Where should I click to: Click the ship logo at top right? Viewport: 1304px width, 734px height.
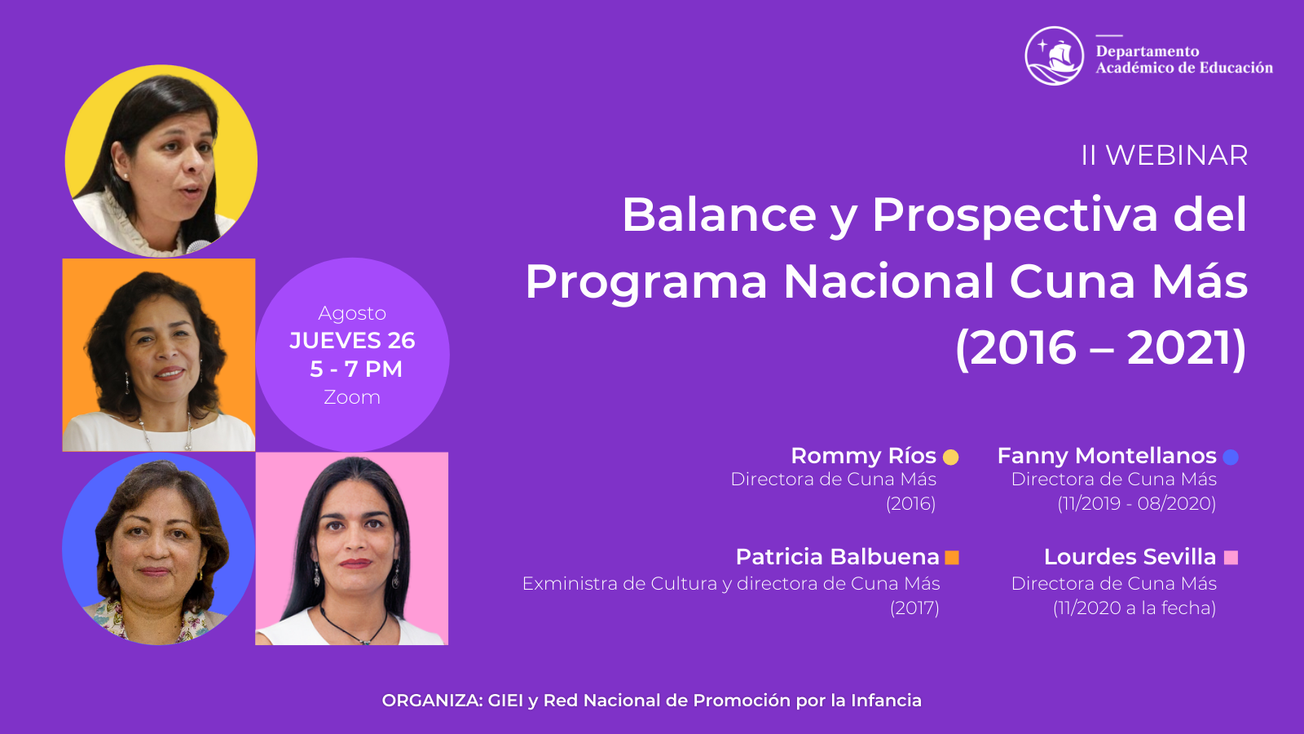click(1055, 56)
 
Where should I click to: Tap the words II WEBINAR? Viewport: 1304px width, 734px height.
click(1165, 156)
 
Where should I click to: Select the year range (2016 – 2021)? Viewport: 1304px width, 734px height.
click(1101, 347)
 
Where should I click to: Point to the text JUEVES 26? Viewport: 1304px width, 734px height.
click(352, 341)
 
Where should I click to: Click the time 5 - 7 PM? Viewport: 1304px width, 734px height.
click(355, 369)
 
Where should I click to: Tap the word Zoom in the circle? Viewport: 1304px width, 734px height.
click(352, 397)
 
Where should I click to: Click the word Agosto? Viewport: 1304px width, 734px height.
click(352, 314)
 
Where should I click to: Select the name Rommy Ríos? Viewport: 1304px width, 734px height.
click(863, 456)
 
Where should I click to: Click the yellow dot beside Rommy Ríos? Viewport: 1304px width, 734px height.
click(950, 458)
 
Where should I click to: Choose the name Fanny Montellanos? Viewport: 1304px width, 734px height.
click(1107, 456)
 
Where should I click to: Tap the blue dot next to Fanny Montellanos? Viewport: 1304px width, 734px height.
click(1231, 458)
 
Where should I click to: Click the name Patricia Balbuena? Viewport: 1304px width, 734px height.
click(838, 557)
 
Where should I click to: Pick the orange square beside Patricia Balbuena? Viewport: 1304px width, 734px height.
click(952, 558)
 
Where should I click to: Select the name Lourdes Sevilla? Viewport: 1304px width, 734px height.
click(1130, 557)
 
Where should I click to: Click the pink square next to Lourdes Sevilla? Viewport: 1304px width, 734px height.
click(1231, 558)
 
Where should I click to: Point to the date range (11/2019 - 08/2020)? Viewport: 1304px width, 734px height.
click(1137, 503)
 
